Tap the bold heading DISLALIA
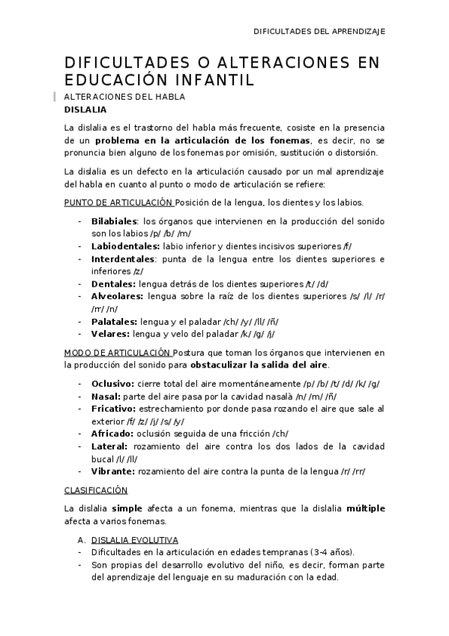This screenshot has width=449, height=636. [85, 109]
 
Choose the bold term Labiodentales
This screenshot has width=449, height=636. [125, 246]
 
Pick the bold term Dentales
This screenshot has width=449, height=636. [112, 283]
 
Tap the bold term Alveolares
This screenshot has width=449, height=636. [117, 296]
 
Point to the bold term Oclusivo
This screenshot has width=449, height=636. [112, 383]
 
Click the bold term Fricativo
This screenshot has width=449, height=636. [113, 408]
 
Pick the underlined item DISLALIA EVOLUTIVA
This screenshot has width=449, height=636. [135, 539]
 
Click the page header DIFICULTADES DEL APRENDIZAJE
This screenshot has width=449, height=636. [319, 31]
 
